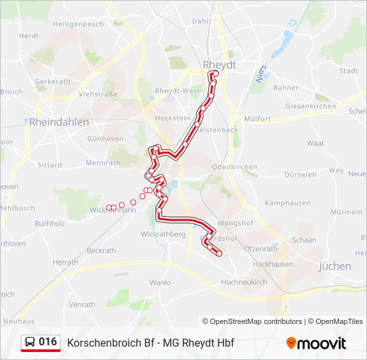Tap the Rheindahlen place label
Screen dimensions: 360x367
point(59,122)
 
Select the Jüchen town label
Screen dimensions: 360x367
point(335,266)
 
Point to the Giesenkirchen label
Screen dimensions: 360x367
point(310,106)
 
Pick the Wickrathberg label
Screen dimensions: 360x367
point(163,235)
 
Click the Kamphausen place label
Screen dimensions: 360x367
point(288,203)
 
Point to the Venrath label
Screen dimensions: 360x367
point(82,305)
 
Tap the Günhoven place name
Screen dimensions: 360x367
point(105,139)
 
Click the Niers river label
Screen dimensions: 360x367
point(260,74)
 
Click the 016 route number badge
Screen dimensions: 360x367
point(48,342)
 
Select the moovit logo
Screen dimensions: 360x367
point(316,343)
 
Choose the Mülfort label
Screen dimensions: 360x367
point(257,119)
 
